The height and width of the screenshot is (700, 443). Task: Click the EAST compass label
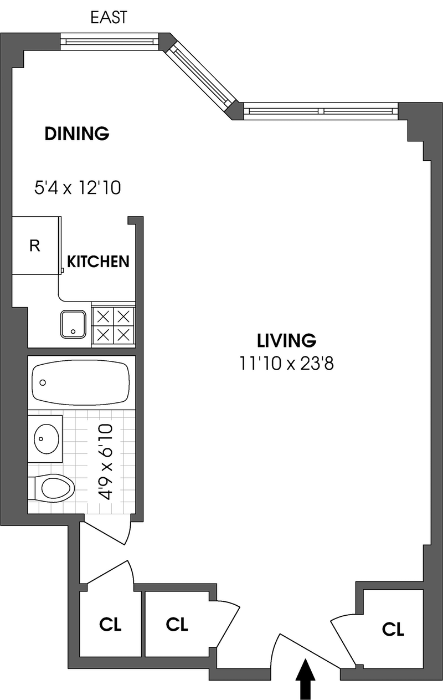(109, 18)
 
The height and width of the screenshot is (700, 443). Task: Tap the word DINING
(77, 134)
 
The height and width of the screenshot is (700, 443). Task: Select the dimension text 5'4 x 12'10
(78, 188)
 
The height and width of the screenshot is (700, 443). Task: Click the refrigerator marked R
(36, 246)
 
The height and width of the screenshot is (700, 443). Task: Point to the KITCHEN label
(98, 262)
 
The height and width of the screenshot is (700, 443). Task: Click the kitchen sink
(73, 324)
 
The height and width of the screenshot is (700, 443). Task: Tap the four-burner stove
(114, 325)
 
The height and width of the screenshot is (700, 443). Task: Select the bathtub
(81, 382)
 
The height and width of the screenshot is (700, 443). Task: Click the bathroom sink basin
(46, 439)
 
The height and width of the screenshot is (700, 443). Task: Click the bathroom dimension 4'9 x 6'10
(105, 462)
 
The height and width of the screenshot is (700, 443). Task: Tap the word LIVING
(286, 340)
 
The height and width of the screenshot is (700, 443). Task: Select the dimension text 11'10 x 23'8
(286, 364)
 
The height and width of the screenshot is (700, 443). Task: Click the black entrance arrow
(305, 680)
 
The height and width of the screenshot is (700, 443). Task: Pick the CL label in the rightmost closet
(393, 629)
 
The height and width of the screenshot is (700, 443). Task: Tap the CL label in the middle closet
(177, 624)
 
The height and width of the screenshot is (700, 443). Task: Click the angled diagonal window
(201, 76)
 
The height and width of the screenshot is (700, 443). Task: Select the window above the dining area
(110, 41)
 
